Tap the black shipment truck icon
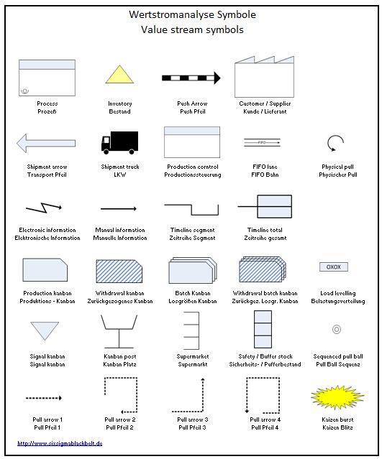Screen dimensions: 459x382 tap(119, 142)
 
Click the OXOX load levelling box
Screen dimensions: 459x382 tap(334, 267)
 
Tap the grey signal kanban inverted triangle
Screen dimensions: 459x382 tap(47, 330)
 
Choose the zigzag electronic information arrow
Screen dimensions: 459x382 tap(47, 209)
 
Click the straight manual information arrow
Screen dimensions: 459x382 tap(119, 209)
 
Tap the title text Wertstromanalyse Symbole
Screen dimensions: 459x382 tap(191, 14)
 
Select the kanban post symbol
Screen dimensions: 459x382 tap(119, 332)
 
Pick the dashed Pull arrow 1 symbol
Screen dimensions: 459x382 tap(45, 397)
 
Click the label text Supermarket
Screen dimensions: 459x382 tap(191, 356)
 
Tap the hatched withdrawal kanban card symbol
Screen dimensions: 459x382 tap(119, 272)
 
